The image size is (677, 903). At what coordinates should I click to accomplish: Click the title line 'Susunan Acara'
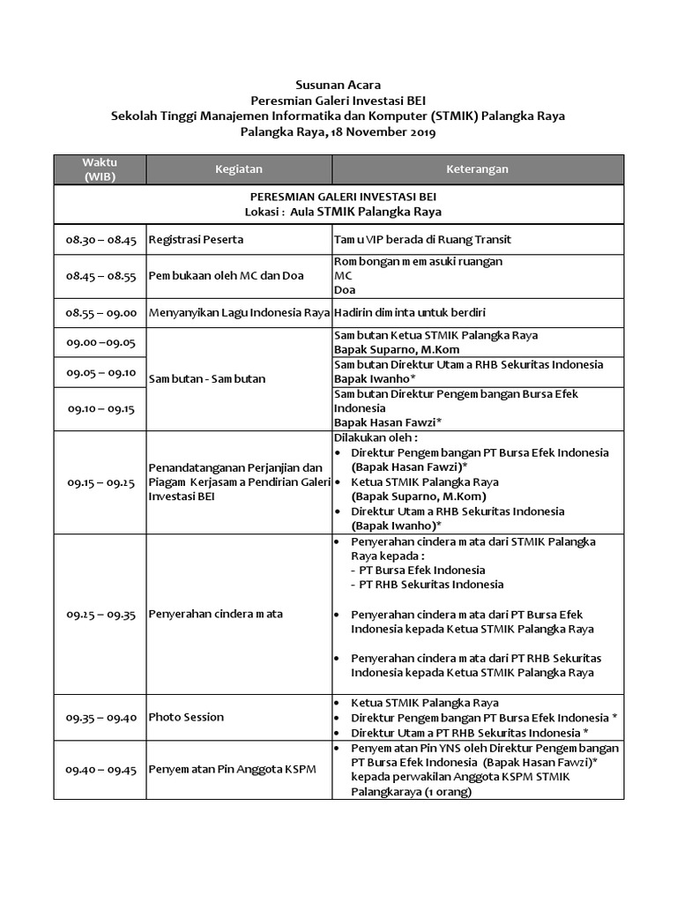tap(338, 86)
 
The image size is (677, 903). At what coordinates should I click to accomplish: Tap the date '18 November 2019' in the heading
tap(381, 132)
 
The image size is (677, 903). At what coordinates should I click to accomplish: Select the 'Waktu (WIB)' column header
tap(100, 169)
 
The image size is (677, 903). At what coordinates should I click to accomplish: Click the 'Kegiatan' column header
tap(238, 169)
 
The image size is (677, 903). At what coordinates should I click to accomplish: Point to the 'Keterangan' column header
tap(477, 169)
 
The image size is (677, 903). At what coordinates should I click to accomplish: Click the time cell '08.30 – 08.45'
tap(100, 240)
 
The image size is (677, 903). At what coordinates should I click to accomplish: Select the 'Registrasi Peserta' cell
tap(196, 240)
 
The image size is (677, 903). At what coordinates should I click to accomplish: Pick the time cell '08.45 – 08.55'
tap(100, 276)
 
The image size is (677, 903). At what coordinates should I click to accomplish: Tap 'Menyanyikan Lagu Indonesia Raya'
tap(238, 312)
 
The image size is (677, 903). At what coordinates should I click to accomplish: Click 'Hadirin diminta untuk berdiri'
tap(410, 312)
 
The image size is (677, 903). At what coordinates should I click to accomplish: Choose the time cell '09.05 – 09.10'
tap(100, 372)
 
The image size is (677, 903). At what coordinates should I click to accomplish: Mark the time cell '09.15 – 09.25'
tap(100, 482)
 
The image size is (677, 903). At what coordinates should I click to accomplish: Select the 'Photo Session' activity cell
tap(186, 718)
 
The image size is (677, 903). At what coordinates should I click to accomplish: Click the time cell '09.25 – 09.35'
tap(100, 615)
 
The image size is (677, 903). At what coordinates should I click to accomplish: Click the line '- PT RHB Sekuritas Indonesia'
tap(427, 585)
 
